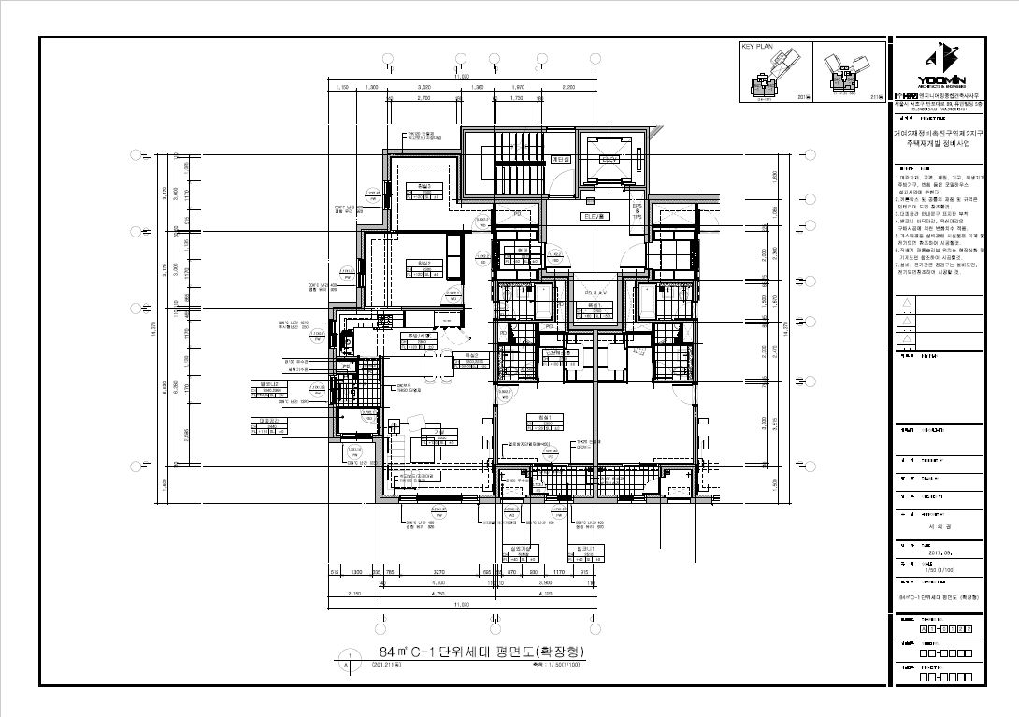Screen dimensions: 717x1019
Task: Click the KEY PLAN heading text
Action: click(x=755, y=46)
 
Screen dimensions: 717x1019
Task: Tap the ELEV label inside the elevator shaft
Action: click(x=609, y=160)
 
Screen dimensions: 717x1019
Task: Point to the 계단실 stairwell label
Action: click(x=561, y=160)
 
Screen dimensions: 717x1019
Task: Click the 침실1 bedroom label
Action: click(x=538, y=417)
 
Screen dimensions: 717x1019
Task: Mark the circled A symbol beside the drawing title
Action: click(x=348, y=665)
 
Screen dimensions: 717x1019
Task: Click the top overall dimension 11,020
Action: click(x=462, y=76)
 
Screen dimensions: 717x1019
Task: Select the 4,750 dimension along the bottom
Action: click(x=437, y=594)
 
